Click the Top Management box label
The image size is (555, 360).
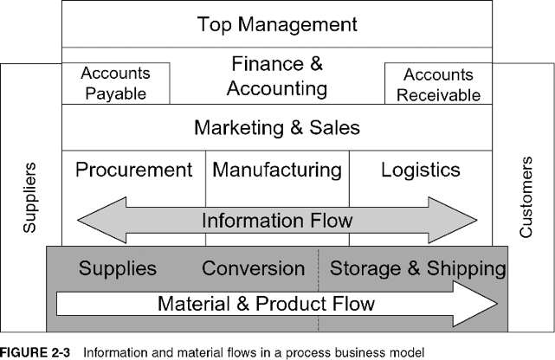click(277, 24)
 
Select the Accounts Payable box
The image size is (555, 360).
click(115, 83)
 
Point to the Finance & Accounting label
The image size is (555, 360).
click(278, 75)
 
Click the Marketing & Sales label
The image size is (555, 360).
click(276, 128)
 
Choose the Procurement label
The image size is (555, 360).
click(133, 170)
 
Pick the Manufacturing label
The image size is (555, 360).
click(277, 170)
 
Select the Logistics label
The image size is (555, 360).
click(421, 170)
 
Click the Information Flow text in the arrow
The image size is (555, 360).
click(277, 220)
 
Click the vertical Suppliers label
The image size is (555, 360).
click(30, 197)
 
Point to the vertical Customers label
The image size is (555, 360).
click(526, 197)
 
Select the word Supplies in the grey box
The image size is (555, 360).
click(118, 268)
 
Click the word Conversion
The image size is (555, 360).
click(253, 268)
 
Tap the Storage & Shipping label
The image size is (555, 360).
click(418, 268)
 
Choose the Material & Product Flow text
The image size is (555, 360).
click(266, 303)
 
